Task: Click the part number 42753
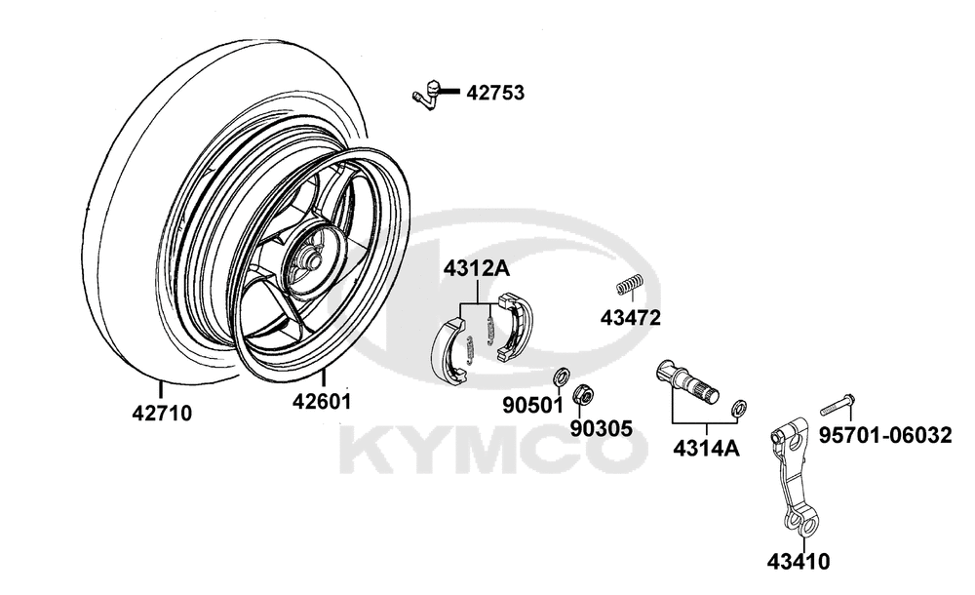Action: (495, 93)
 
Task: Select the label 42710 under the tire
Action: (162, 413)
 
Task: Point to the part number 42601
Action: (322, 402)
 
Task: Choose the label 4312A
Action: (476, 269)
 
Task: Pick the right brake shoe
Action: (515, 326)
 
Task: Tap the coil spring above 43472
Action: (630, 285)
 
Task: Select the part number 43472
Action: (630, 317)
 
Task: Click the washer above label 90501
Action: (561, 377)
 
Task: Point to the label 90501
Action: (532, 405)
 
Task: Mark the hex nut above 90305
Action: (584, 394)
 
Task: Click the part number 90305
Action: (602, 428)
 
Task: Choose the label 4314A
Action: (706, 448)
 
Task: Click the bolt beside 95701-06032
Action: (837, 403)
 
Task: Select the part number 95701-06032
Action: (885, 435)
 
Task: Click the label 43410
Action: (798, 562)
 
